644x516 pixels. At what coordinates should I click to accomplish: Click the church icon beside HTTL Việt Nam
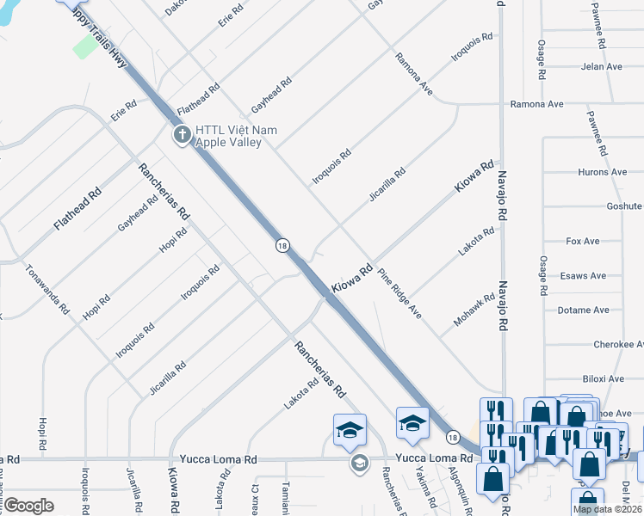[181, 134]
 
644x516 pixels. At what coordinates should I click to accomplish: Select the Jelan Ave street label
[601, 66]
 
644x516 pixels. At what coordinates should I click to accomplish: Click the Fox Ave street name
[583, 242]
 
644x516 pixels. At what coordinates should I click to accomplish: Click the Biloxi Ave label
[604, 378]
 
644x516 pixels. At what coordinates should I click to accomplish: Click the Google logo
[28, 506]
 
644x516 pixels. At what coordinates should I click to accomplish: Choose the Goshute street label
[624, 206]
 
